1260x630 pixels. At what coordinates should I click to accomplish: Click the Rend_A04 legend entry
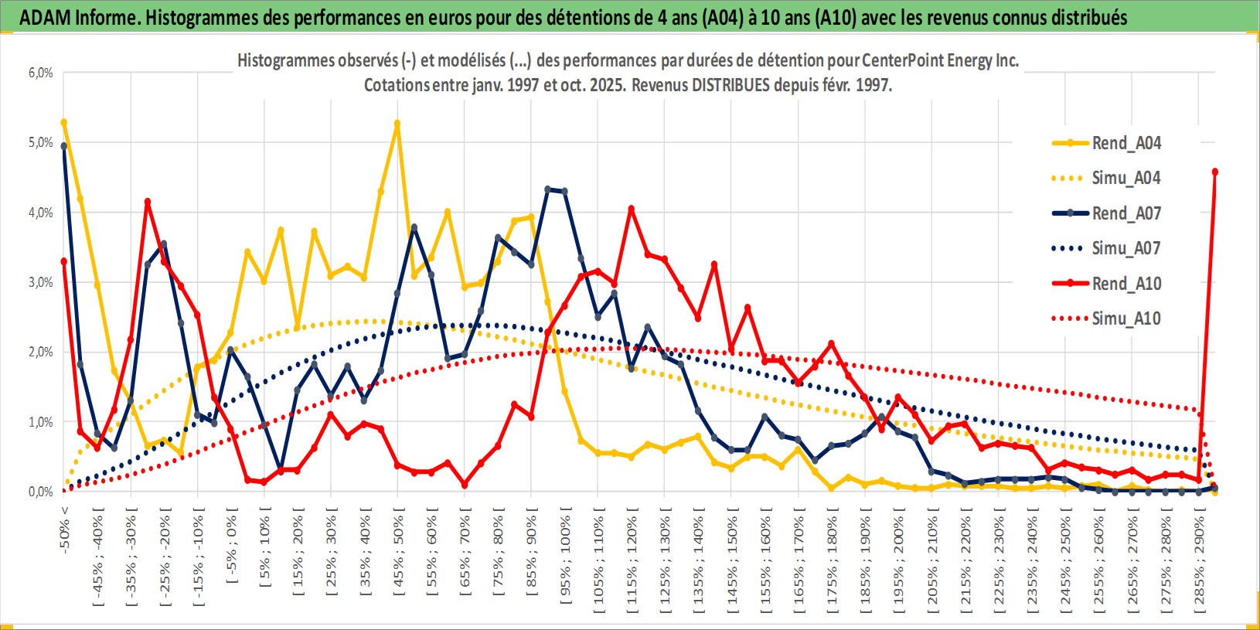coord(1125,143)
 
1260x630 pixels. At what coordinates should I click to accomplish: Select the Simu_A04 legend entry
coord(1125,178)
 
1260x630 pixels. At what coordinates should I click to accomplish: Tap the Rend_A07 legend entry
coord(1125,213)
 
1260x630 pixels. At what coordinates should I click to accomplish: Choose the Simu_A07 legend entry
coord(1125,248)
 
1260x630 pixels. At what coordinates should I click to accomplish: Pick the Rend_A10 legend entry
coord(1125,284)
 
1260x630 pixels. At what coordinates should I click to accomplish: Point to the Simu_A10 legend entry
coord(1125,318)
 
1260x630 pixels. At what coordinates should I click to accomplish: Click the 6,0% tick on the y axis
coord(41,73)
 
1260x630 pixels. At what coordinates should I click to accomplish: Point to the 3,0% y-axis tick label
coord(41,283)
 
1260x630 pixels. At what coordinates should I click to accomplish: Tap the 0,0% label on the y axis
coord(41,492)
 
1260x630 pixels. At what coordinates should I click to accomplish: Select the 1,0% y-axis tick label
coord(41,423)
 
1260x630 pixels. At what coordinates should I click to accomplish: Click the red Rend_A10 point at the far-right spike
coord(1215,172)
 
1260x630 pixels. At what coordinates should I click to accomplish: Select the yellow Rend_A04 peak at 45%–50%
coord(397,123)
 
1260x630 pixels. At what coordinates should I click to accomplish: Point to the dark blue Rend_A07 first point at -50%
coord(64,145)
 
